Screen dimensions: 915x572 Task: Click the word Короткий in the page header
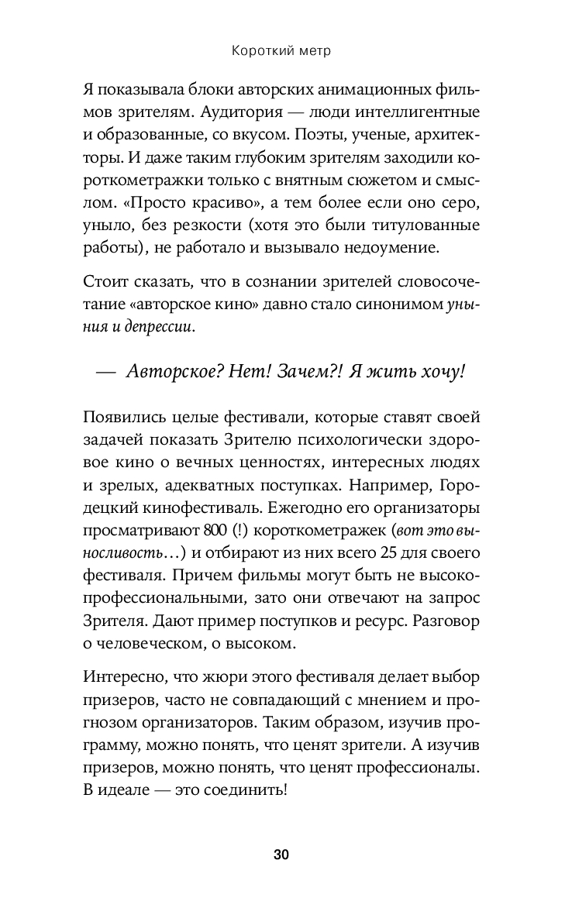258,52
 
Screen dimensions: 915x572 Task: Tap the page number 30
281,855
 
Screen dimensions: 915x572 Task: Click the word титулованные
434,226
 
